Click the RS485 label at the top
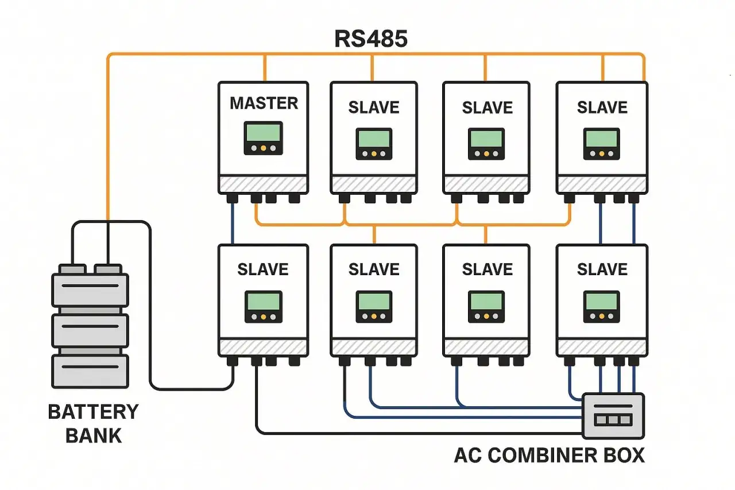tap(371, 39)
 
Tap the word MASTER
tap(264, 103)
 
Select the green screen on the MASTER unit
tap(263, 132)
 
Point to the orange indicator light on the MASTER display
tap(263, 148)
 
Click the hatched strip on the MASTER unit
tap(263, 184)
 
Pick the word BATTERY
tap(93, 412)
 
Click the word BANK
tap(94, 436)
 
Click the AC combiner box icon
tap(613, 416)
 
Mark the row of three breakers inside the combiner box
tap(613, 420)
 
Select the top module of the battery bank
tap(90, 290)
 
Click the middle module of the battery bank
tap(90, 331)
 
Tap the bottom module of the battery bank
tap(90, 372)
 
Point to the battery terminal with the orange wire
tap(108, 269)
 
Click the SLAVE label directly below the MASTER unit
tap(263, 269)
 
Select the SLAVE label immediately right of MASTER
tap(374, 107)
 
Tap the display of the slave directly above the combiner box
tap(601, 307)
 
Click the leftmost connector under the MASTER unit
tap(233, 198)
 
